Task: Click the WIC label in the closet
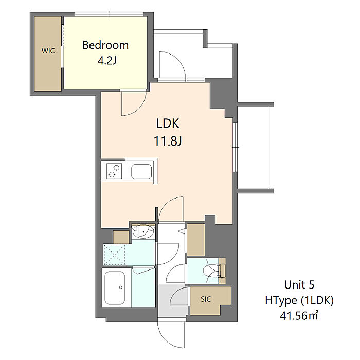coord(48,51)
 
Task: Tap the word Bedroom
coord(105,45)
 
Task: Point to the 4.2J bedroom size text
coord(107,60)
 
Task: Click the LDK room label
coord(168,123)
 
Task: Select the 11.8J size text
coord(168,141)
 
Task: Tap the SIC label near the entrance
coord(206,299)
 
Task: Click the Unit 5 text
coord(299,285)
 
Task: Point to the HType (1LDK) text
coord(299,300)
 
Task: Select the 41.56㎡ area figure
coord(299,316)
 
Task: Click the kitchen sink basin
coord(141,172)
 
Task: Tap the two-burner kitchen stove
coord(114,171)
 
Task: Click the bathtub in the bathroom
coord(115,287)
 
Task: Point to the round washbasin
coord(143,231)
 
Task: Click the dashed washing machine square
coord(114,255)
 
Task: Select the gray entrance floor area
coord(173,301)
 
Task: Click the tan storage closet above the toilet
coord(195,240)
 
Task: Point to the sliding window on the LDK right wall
coord(235,147)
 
